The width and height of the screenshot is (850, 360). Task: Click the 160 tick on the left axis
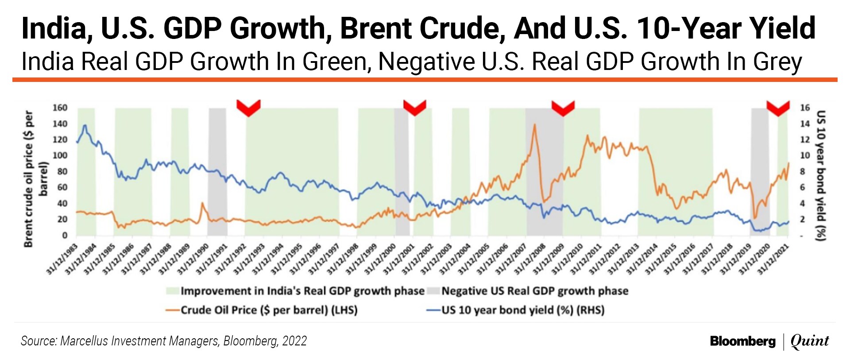(x=60, y=108)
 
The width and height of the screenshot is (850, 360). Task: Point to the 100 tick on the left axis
(x=60, y=155)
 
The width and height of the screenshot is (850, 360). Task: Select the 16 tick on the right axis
(x=805, y=108)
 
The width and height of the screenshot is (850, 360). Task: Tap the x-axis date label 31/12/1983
(x=63, y=259)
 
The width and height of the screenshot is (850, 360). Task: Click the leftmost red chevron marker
(x=248, y=108)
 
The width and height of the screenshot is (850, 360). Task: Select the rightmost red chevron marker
(x=778, y=108)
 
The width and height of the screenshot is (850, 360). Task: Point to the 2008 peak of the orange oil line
(x=535, y=124)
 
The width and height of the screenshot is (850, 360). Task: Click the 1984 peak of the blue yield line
(x=85, y=125)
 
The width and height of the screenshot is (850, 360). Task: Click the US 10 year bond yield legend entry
(x=515, y=310)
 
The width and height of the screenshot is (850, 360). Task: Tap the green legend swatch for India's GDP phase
(x=172, y=291)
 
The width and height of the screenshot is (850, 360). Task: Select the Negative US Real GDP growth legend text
(x=535, y=291)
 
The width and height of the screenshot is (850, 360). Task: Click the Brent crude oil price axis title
(x=35, y=178)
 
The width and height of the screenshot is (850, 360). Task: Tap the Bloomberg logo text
(x=743, y=341)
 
